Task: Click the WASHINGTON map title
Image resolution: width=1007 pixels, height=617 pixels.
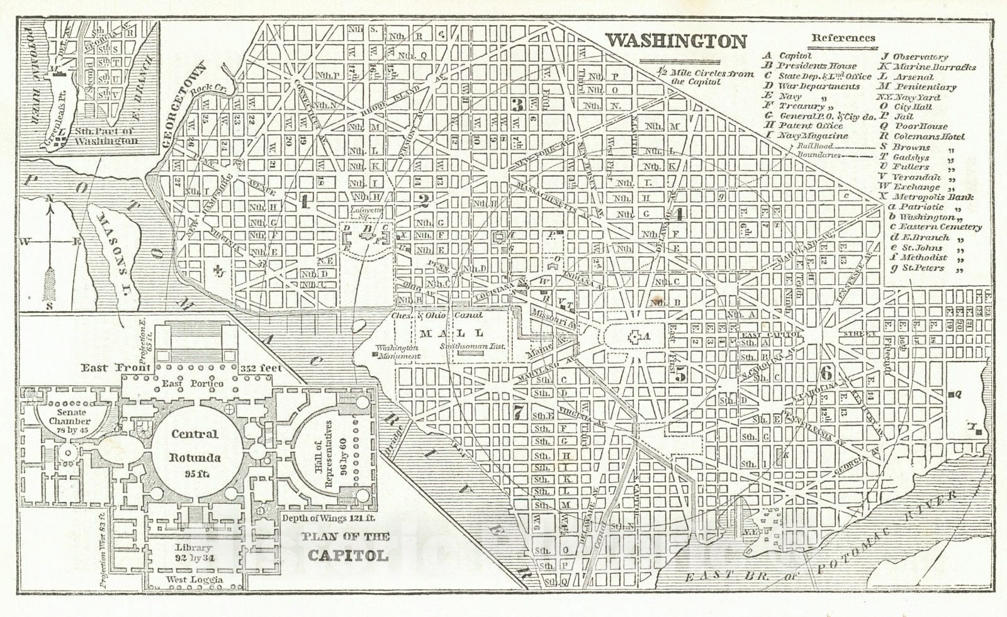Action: (x=675, y=42)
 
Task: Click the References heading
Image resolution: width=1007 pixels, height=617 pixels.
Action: (x=843, y=38)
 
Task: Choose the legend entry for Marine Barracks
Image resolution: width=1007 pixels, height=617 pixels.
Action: (x=933, y=67)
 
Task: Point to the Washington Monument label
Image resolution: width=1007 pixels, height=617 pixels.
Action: (x=398, y=352)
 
